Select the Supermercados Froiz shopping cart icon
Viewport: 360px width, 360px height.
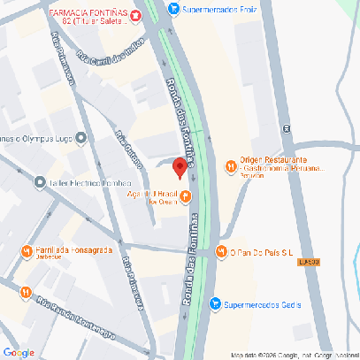pos(173,10)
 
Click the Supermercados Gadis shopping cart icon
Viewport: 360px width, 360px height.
pos(214,304)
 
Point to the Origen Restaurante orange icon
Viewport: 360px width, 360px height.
pos(230,165)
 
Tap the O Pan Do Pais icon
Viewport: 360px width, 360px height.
pos(222,252)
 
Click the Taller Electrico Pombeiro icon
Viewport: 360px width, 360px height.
pos(40,183)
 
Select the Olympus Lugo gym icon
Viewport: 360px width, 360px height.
pos(80,138)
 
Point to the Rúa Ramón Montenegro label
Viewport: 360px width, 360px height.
pos(75,320)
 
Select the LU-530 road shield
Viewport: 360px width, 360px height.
pos(308,261)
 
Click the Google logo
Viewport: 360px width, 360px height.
pos(19,352)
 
